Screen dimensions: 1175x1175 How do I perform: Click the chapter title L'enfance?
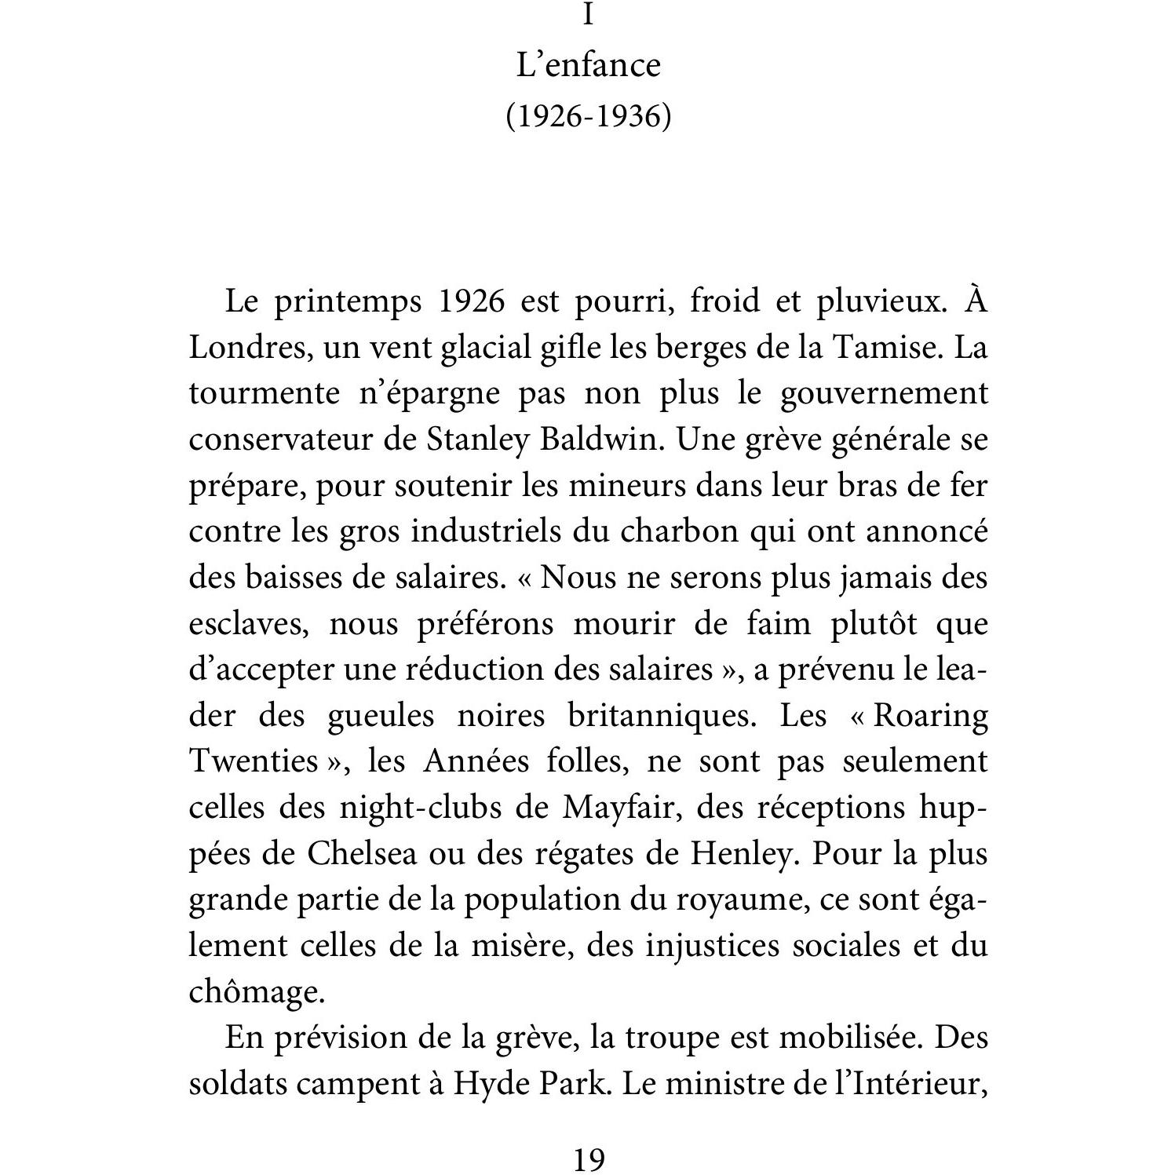tap(588, 65)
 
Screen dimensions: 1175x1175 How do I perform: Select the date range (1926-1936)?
tap(588, 116)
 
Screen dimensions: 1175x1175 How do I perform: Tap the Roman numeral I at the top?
tap(588, 14)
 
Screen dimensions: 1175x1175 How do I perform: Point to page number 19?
tap(588, 1158)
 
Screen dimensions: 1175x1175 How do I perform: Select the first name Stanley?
tap(477, 440)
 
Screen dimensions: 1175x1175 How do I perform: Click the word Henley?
tap(742, 853)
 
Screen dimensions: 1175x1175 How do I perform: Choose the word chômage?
tap(256, 992)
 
